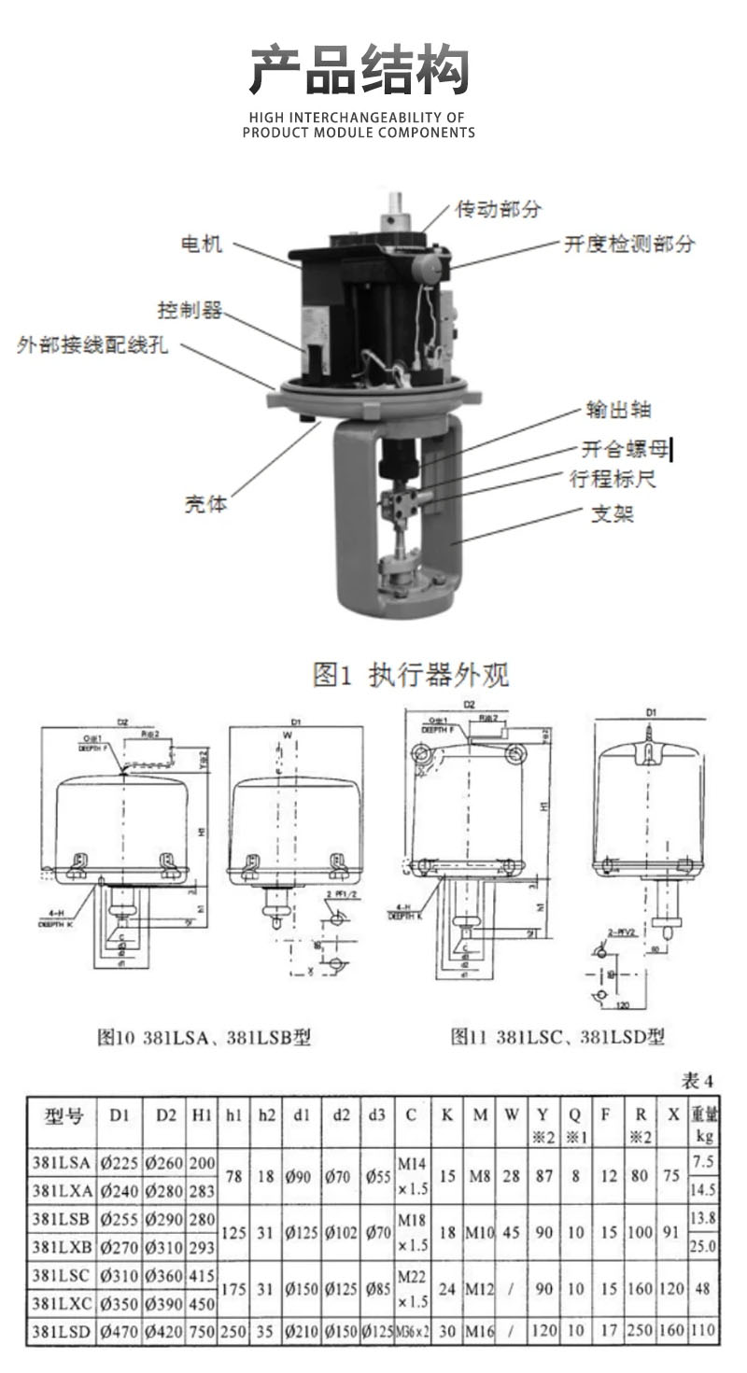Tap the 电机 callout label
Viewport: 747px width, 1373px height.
click(201, 245)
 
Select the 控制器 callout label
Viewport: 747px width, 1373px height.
click(190, 310)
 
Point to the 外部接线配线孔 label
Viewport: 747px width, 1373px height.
click(92, 345)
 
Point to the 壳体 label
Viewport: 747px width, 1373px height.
click(204, 504)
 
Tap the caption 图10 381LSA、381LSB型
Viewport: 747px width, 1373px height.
click(204, 1037)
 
